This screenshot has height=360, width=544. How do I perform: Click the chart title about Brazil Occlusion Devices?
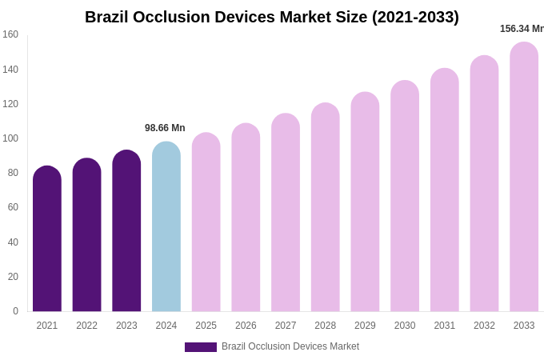pyautogui.click(x=272, y=17)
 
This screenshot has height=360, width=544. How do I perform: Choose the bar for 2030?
pyautogui.click(x=405, y=196)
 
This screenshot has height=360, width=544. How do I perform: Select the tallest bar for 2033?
pyautogui.click(x=524, y=177)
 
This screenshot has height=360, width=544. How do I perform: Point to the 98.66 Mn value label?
pyautogui.click(x=165, y=128)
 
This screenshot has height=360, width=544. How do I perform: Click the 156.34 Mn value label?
pyautogui.click(x=522, y=29)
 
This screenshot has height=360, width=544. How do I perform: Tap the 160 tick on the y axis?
pyautogui.click(x=10, y=34)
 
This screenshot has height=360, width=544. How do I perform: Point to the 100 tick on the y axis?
pyautogui.click(x=10, y=138)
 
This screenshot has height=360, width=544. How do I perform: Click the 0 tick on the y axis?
pyautogui.click(x=15, y=311)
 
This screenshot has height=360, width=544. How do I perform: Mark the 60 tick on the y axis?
pyautogui.click(x=13, y=207)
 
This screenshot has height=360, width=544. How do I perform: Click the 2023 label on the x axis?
pyautogui.click(x=126, y=326)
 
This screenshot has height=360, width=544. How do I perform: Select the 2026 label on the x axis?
pyautogui.click(x=246, y=326)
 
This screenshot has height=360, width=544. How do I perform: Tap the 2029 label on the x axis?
pyautogui.click(x=365, y=326)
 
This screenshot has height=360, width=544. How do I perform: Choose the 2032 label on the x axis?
pyautogui.click(x=484, y=326)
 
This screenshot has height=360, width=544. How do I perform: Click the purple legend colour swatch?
pyautogui.click(x=201, y=347)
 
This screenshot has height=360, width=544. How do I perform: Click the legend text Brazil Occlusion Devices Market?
pyautogui.click(x=290, y=346)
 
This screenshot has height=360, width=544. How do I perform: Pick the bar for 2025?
pyautogui.click(x=206, y=222)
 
